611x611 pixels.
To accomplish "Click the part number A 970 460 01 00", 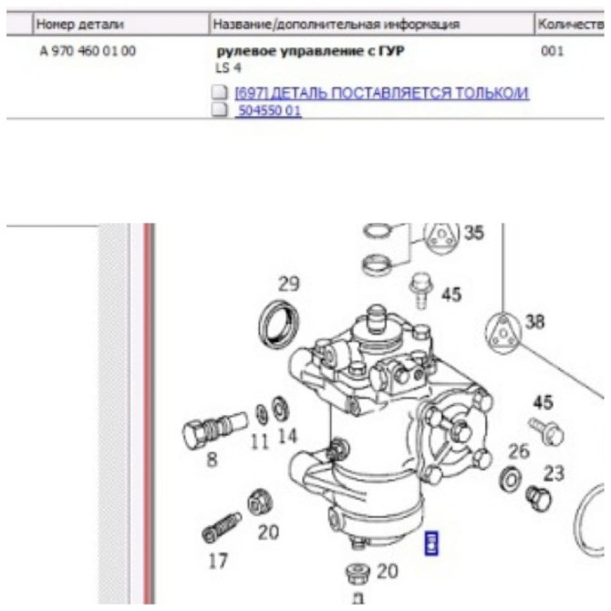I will point(88,52).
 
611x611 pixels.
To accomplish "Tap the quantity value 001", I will point(552,52).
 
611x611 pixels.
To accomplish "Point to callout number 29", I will point(288,284).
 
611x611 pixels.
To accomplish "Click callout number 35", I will point(473,233).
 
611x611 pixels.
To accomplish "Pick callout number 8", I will point(212,460).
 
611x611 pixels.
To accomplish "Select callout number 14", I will point(287,436).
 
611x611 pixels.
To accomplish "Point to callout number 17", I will point(217,561).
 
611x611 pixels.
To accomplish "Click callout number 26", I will point(518,450).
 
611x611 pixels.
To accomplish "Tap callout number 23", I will point(554,473).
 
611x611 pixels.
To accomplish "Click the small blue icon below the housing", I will point(433,544).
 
